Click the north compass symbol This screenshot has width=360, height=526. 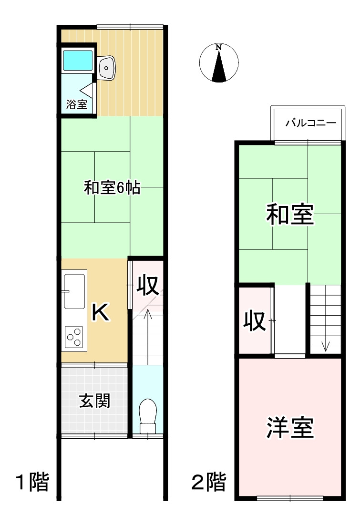click(x=219, y=63)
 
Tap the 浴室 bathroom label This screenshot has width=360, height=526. click(x=77, y=104)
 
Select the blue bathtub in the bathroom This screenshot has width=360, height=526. click(x=78, y=59)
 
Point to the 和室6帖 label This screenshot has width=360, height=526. click(x=112, y=187)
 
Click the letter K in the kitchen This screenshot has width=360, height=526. click(x=101, y=313)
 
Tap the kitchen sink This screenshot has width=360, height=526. click(x=74, y=290)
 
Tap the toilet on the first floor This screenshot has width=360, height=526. click(x=147, y=412)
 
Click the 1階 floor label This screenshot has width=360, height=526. click(x=32, y=482)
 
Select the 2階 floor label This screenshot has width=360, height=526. click(x=208, y=482)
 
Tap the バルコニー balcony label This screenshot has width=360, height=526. click(x=311, y=123)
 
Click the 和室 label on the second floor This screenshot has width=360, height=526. click(x=289, y=215)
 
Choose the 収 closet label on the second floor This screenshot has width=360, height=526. click(x=255, y=321)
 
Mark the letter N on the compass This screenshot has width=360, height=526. click(x=219, y=47)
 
